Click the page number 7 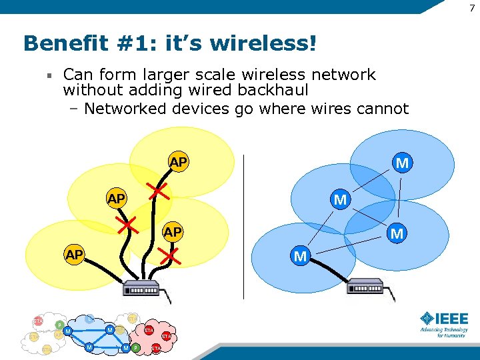471,6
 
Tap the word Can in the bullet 77,74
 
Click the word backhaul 271,89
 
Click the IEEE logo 443,318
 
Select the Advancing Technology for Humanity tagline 443,332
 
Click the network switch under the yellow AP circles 142,289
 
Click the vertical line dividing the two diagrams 244,227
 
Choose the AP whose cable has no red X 74,255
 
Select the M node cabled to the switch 301,256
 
